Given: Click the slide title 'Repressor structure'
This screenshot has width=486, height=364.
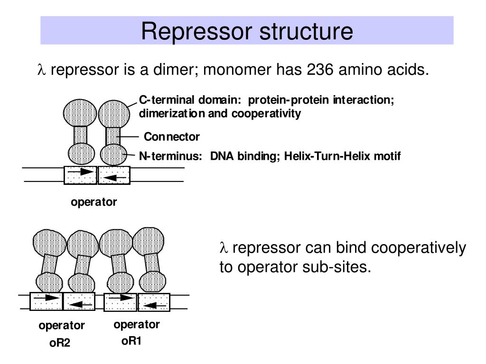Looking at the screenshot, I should [x=247, y=31].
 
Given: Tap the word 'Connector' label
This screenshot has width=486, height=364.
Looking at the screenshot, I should [x=172, y=137].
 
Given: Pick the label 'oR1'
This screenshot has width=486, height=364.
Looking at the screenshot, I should [x=131, y=341].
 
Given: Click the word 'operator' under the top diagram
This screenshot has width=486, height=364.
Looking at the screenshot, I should [x=93, y=202].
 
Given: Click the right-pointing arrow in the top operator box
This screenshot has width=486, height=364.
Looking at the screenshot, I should [x=80, y=172].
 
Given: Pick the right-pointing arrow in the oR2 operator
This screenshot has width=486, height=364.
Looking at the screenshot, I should [x=47, y=298].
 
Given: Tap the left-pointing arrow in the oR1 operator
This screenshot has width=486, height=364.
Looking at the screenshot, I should [x=154, y=305].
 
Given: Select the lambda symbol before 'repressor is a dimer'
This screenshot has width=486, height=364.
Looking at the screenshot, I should [x=40, y=70].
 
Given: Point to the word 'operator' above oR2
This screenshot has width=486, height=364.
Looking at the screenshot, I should [x=62, y=326].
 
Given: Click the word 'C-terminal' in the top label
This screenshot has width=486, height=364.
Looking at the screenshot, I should [x=166, y=100].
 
